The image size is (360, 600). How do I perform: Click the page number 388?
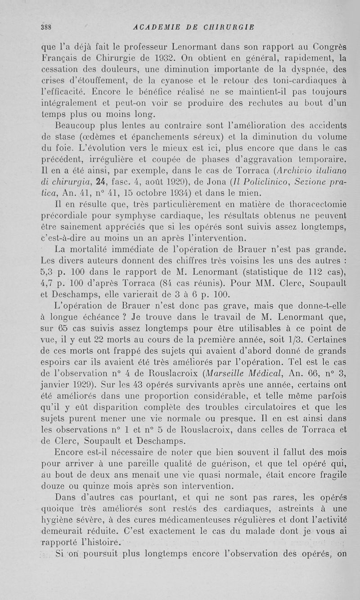(45, 26)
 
